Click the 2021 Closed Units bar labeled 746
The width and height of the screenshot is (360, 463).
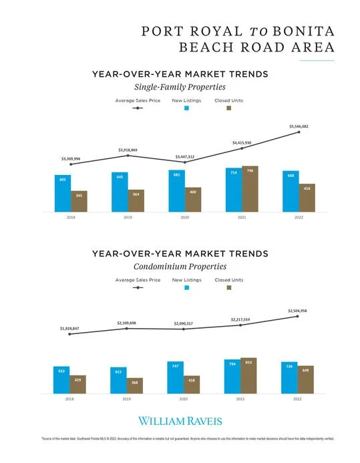[250, 189]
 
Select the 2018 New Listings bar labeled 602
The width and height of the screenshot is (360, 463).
[63, 193]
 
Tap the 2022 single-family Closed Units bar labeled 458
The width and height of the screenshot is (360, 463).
[307, 198]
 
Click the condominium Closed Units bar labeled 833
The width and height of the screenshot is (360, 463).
[249, 376]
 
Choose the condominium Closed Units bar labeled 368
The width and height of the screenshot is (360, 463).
[135, 386]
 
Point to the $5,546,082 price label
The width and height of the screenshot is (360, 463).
[299, 126]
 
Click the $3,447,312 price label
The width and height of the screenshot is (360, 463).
[185, 156]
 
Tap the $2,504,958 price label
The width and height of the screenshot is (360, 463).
[298, 311]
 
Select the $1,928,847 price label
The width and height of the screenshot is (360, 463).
[70, 329]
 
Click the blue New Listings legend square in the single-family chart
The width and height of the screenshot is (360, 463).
[188, 108]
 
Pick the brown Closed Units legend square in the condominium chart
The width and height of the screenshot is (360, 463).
[229, 287]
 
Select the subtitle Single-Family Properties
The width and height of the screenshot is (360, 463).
[180, 87]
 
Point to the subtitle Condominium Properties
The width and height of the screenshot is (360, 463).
[180, 267]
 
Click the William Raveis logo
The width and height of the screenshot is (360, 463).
[180, 421]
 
